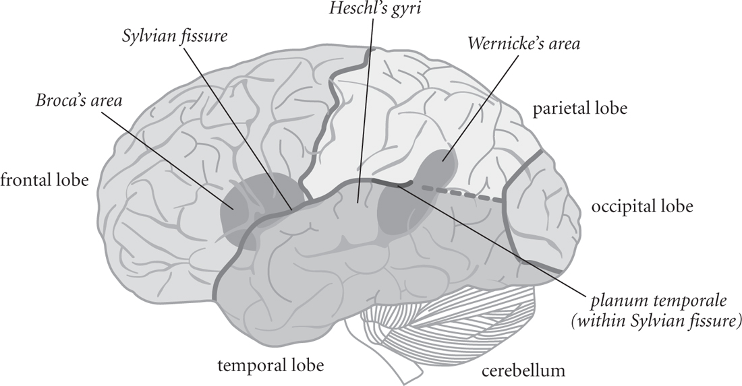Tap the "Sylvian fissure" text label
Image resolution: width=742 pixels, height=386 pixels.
coord(173,35)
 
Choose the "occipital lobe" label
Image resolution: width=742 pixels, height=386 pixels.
coord(641,205)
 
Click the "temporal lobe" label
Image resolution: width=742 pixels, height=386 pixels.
coord(269,366)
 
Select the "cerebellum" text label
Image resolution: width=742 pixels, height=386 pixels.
coord(523,370)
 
